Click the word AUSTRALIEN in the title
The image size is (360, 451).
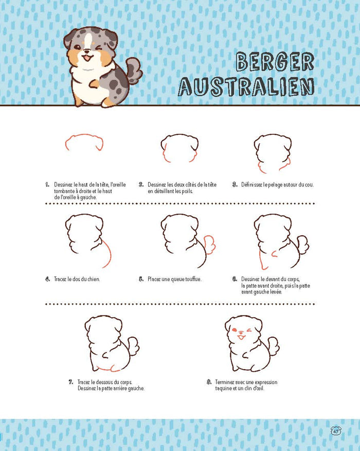coord(246,86)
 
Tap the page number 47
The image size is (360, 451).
coord(336,430)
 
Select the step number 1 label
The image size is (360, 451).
coord(47,184)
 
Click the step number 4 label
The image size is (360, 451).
coord(47,279)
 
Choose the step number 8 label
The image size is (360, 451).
coord(209,382)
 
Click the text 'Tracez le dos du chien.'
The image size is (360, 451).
coord(77,279)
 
